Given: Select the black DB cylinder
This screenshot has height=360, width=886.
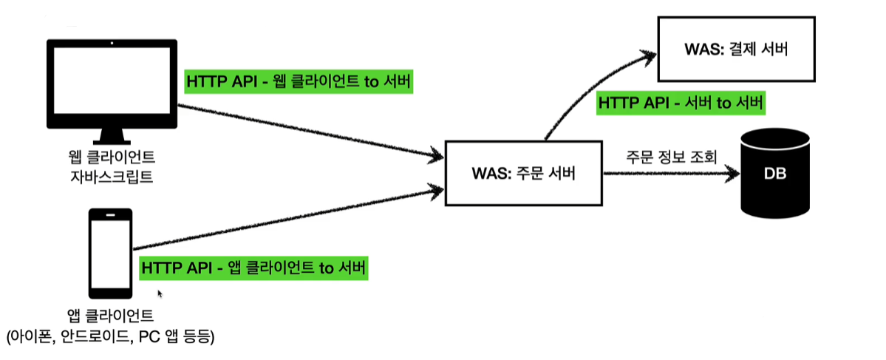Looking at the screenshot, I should [775, 174].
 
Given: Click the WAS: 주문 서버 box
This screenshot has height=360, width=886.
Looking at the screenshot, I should [523, 174].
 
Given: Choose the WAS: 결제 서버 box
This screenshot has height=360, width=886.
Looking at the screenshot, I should [735, 50].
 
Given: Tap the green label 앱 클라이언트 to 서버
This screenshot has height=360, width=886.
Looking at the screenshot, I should [253, 268].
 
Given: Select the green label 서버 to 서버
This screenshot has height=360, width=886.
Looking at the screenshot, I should [680, 102].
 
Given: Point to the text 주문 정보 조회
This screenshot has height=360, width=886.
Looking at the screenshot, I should [671, 157].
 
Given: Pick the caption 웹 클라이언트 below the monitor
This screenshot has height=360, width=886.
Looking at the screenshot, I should [112, 158].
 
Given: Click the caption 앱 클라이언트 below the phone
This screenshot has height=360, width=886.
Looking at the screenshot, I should [111, 316].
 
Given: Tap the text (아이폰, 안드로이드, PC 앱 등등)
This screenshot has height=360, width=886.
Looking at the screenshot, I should [111, 337].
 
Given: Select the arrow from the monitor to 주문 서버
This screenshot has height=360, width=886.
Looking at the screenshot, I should [310, 131].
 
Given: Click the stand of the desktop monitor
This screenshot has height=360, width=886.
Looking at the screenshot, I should [112, 135].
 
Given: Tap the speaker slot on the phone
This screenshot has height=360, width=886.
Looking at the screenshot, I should [111, 215].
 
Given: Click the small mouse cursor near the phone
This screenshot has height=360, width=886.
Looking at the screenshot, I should [160, 293].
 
